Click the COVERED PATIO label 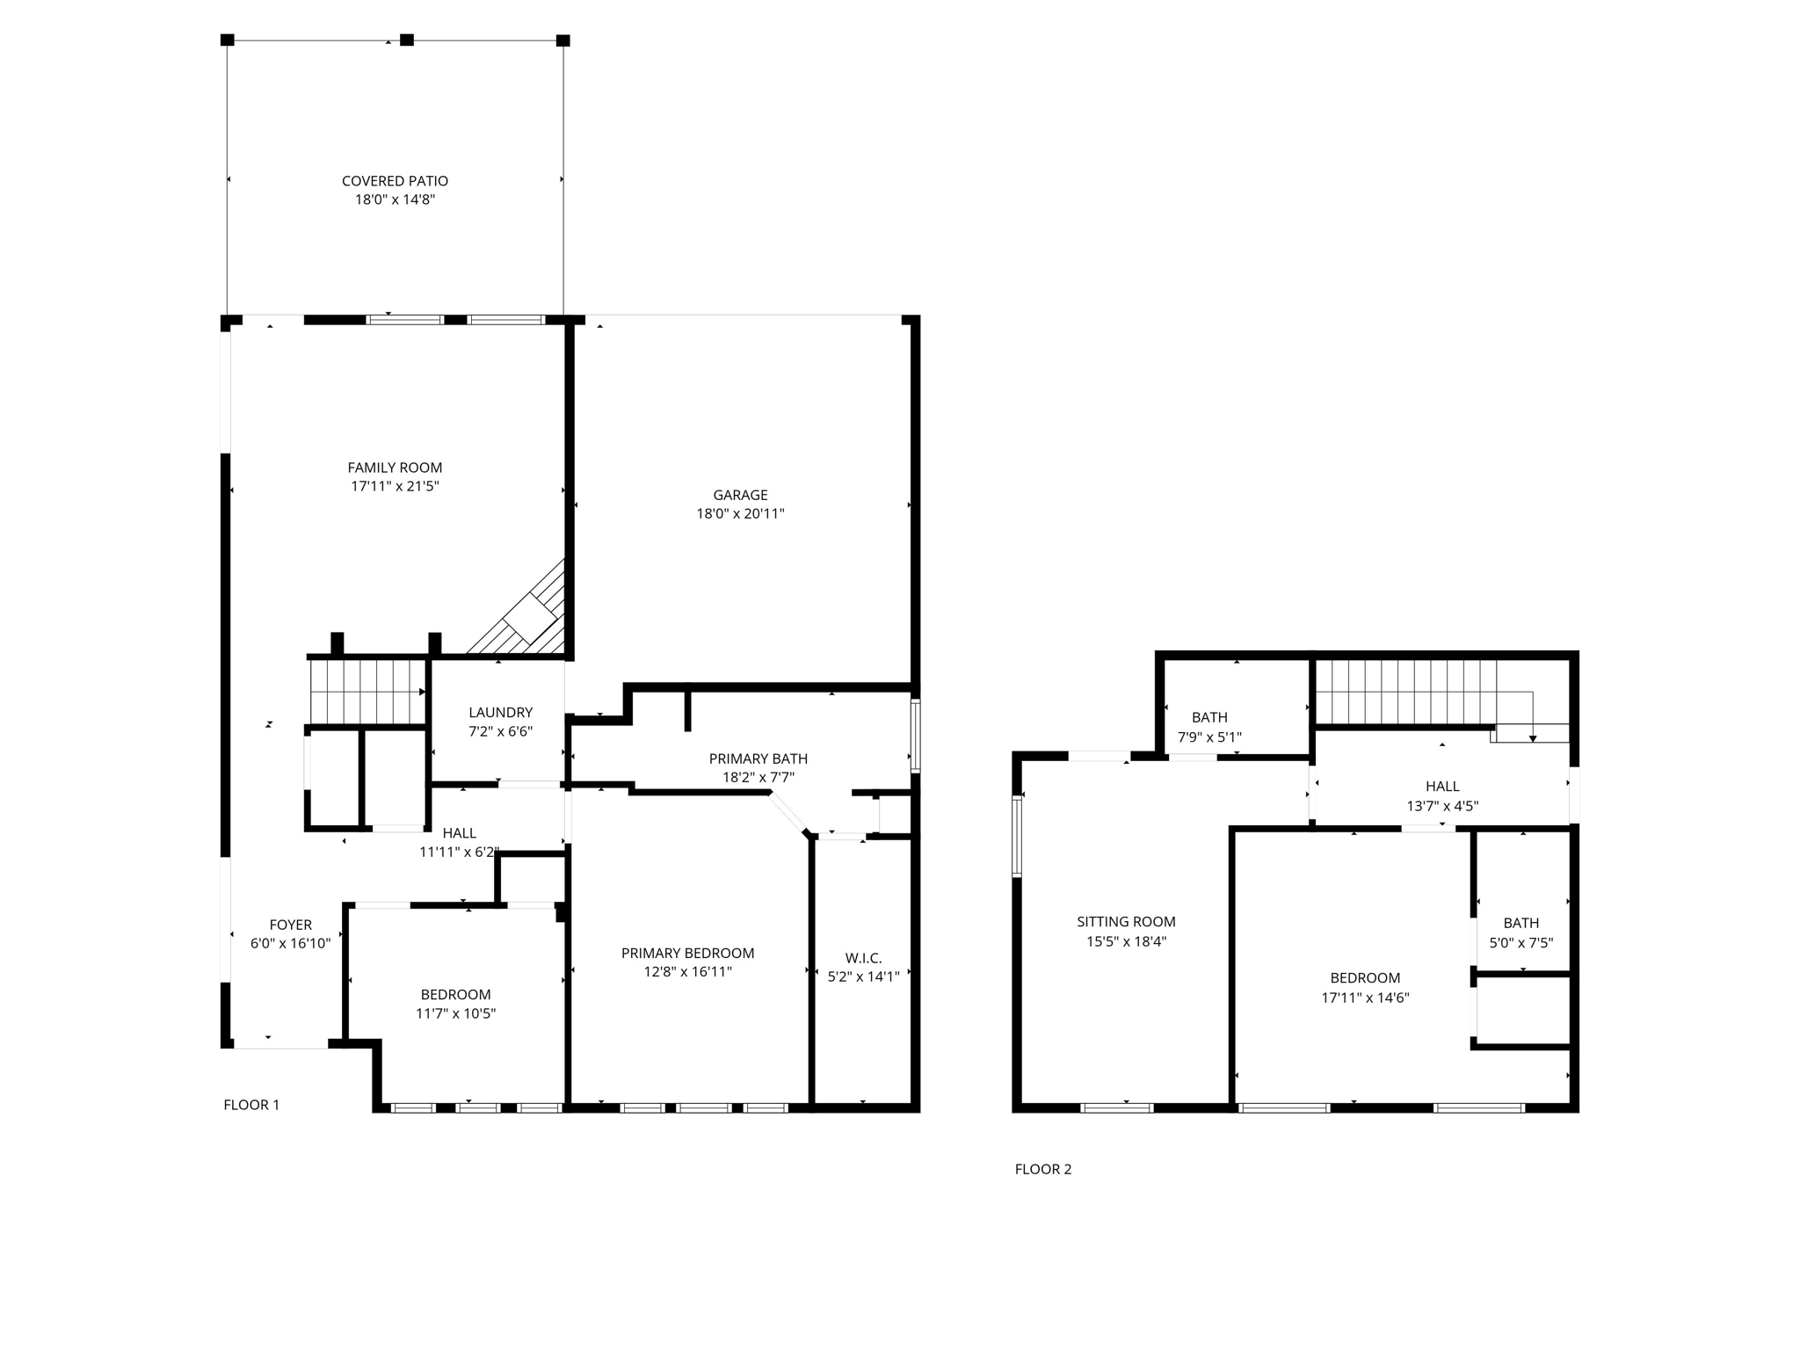pyautogui.click(x=395, y=181)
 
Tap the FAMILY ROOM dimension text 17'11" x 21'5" pyautogui.click(x=395, y=486)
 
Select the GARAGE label pyautogui.click(x=740, y=495)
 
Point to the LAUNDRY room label pyautogui.click(x=500, y=712)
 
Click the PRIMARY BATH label pyautogui.click(x=758, y=758)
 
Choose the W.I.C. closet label pyautogui.click(x=863, y=958)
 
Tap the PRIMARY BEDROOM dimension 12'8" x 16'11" pyautogui.click(x=687, y=972)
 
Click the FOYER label pyautogui.click(x=290, y=925)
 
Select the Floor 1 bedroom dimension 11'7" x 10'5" pyautogui.click(x=455, y=1013)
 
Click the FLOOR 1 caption pyautogui.click(x=251, y=1105)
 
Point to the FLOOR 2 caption pyautogui.click(x=1042, y=1169)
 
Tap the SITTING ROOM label pyautogui.click(x=1126, y=922)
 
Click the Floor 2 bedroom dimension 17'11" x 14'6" pyautogui.click(x=1365, y=998)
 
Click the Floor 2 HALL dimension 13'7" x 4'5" pyautogui.click(x=1442, y=806)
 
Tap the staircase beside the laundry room pyautogui.click(x=367, y=691)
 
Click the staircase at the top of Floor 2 pyautogui.click(x=1415, y=691)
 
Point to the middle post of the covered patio pyautogui.click(x=406, y=40)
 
